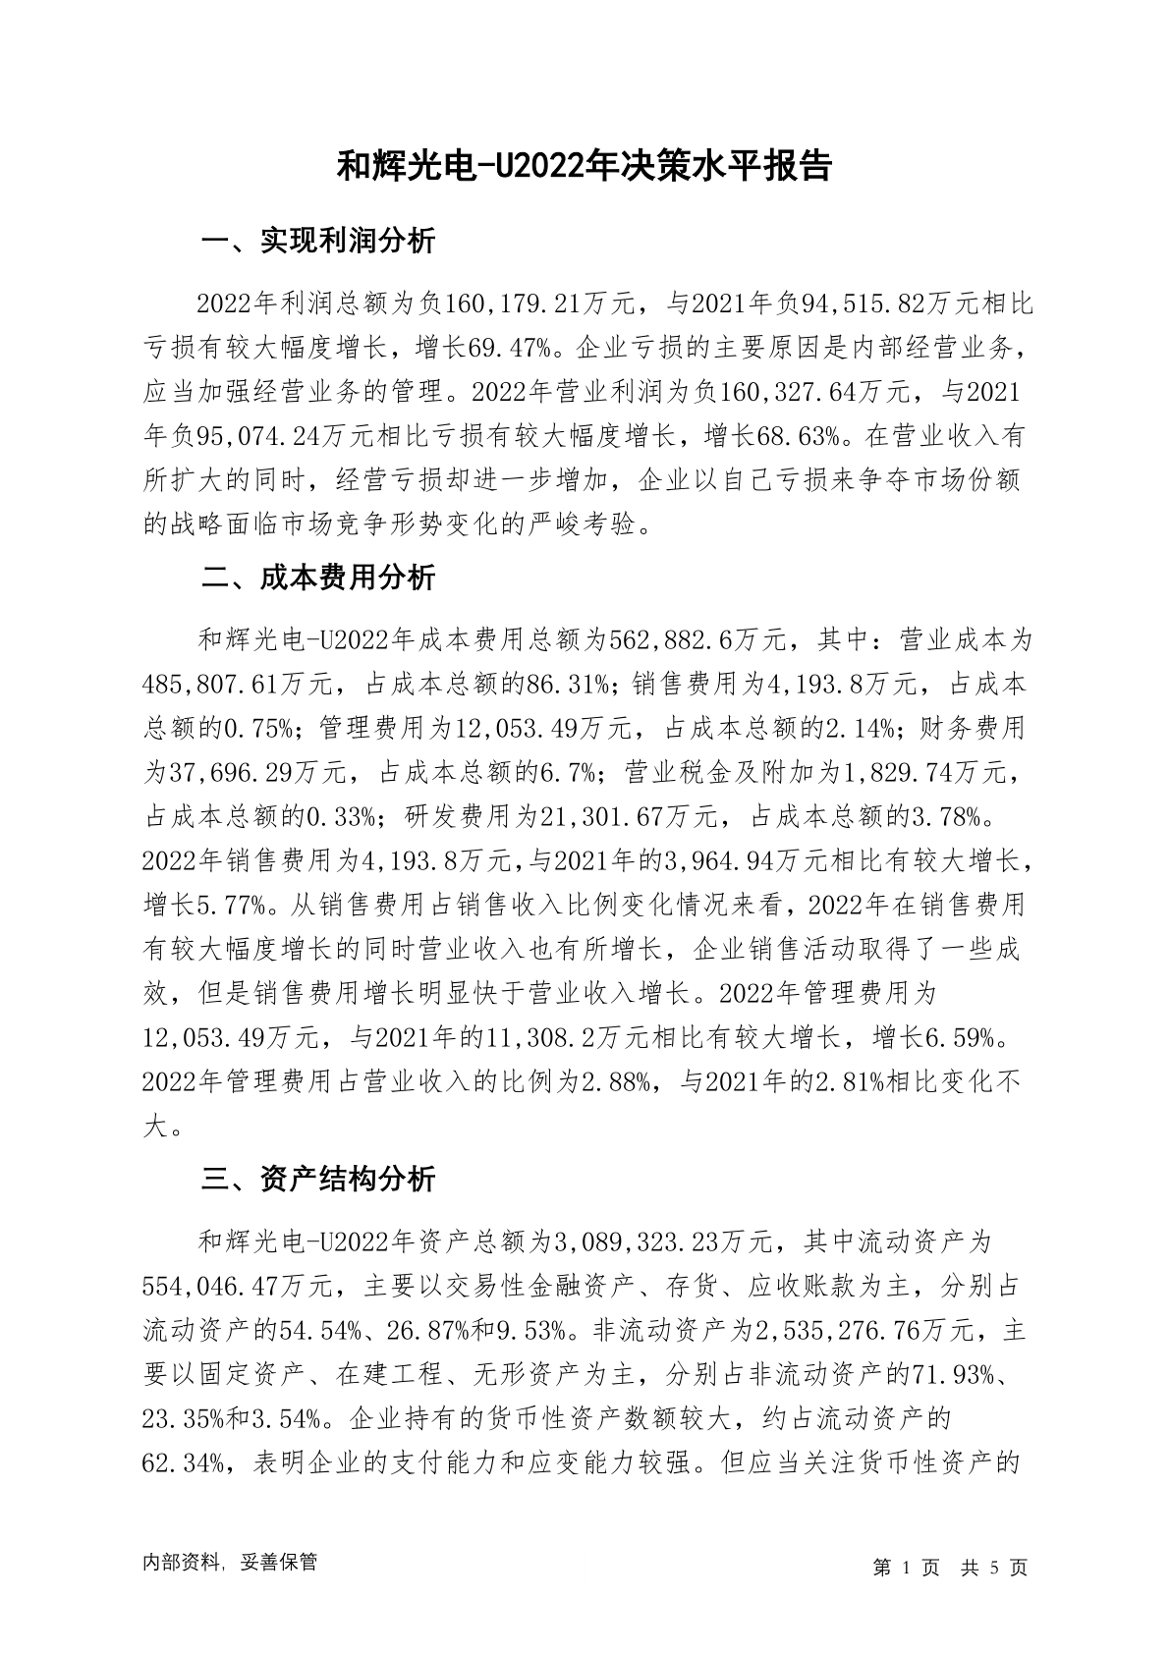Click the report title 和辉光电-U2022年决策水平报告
(x=585, y=166)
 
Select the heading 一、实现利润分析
(x=318, y=242)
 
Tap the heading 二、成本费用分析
(x=318, y=578)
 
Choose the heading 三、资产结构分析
(x=318, y=1179)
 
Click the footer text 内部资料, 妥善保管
(x=230, y=1563)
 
